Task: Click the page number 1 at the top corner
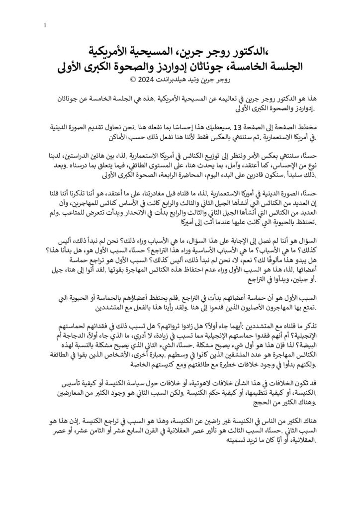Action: click(x=45, y=26)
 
